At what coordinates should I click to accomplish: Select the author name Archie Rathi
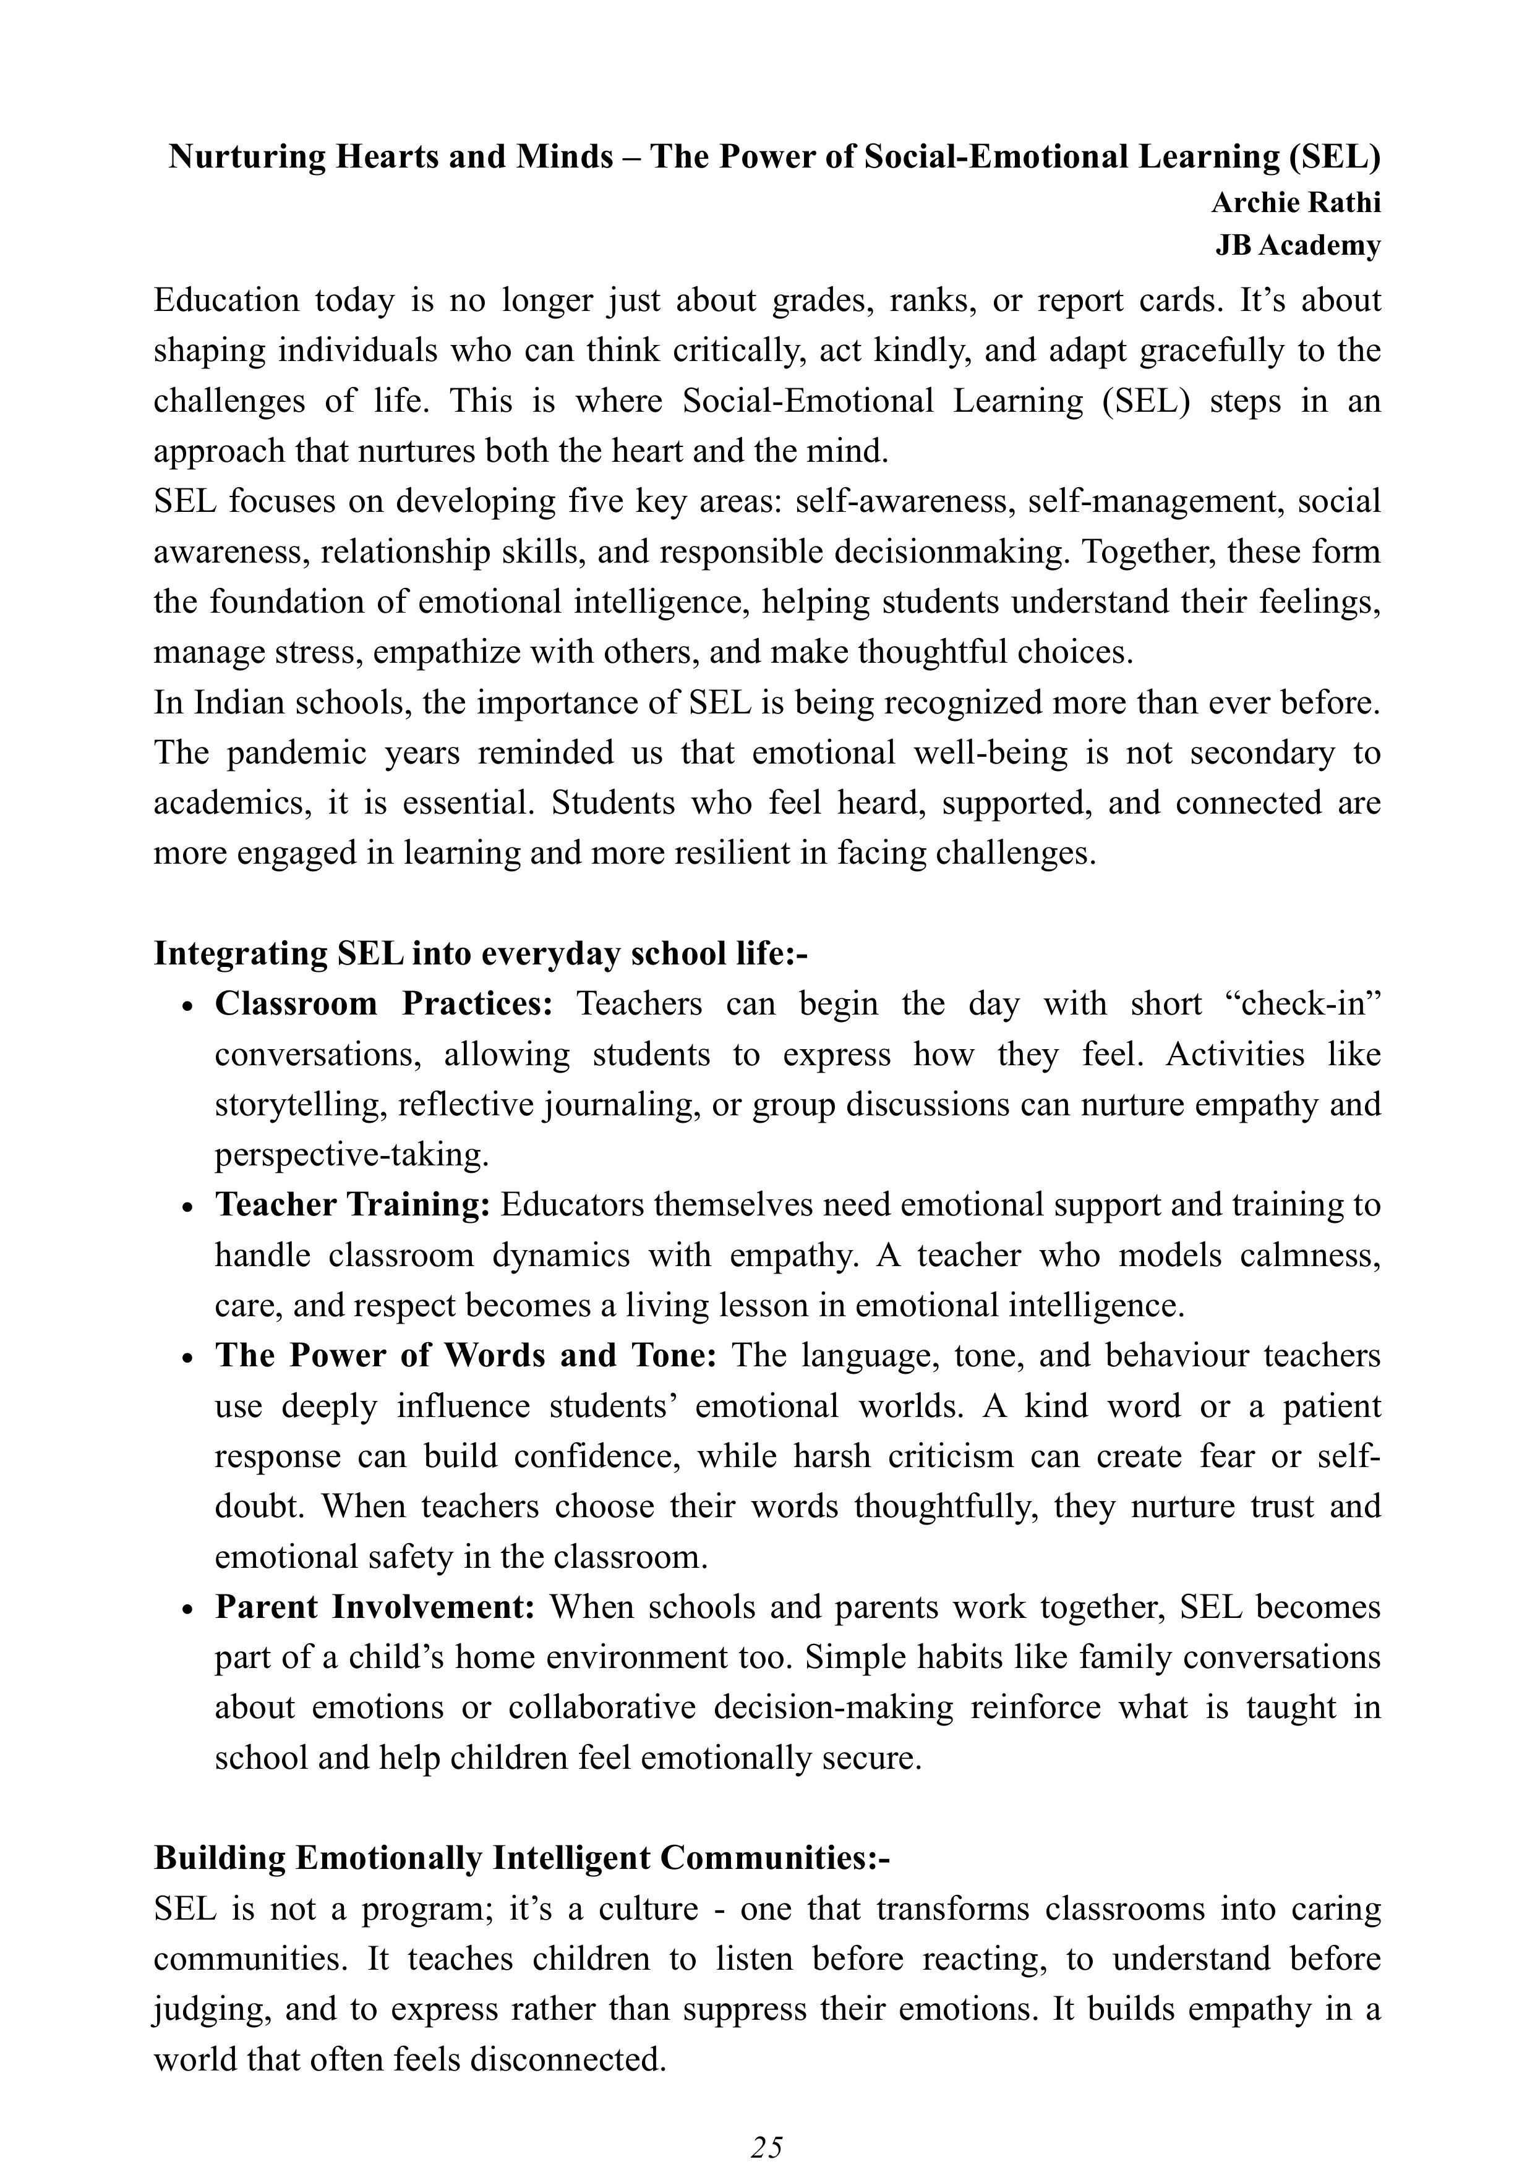pyautogui.click(x=1295, y=202)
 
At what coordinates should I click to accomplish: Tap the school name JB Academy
pyautogui.click(x=1297, y=245)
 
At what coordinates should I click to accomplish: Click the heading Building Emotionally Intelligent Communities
pyautogui.click(x=522, y=1858)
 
